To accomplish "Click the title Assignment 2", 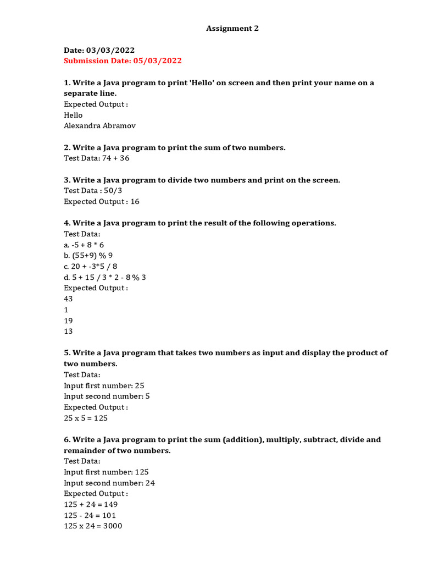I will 232,29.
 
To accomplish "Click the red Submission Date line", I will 123,61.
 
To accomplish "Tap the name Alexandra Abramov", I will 99,126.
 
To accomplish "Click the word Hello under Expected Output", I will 73,115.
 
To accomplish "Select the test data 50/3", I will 113,191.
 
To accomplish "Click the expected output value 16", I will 135,202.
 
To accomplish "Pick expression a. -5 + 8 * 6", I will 84,245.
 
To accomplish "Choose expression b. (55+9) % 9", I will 88,256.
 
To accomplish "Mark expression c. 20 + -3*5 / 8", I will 91,267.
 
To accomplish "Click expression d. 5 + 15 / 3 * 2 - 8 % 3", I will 105,278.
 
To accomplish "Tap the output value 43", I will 69,299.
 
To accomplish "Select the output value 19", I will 69,321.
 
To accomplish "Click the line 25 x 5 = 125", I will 86,418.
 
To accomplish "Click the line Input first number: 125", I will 106,472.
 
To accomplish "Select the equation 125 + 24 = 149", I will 91,505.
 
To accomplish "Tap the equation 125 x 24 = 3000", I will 93,526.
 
